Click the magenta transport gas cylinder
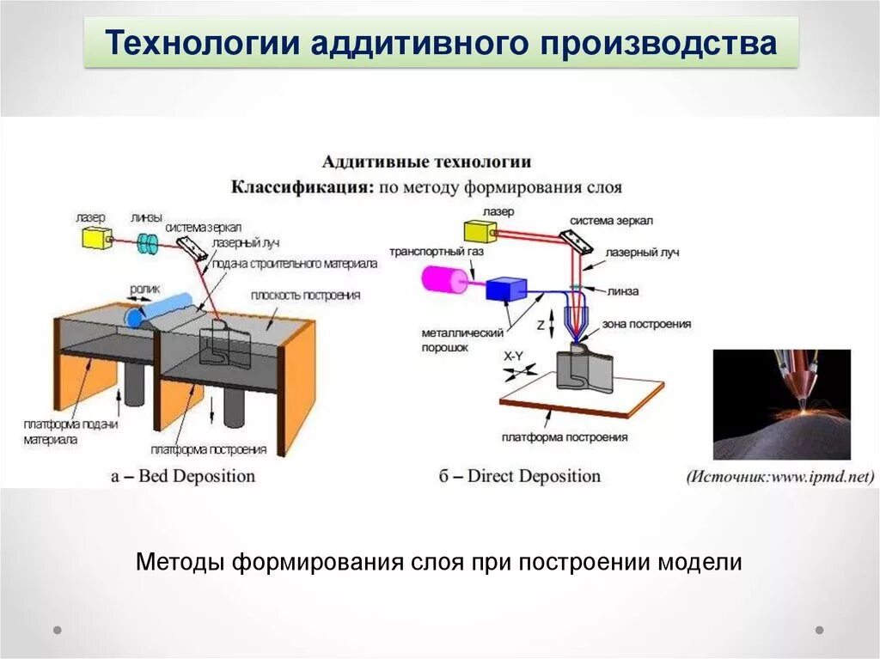point(444,278)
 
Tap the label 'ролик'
point(145,290)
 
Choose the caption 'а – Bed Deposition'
point(183,475)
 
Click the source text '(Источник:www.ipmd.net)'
point(779,477)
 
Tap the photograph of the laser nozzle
point(781,404)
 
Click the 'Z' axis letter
point(540,326)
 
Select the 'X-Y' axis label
point(513,356)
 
